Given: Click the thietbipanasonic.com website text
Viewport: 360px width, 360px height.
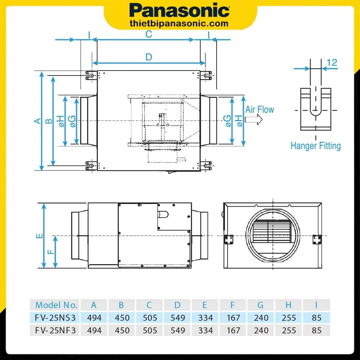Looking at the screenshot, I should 179,23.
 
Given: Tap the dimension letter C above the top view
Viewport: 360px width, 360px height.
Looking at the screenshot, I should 148,34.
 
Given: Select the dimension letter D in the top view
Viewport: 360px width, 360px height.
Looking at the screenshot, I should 149,57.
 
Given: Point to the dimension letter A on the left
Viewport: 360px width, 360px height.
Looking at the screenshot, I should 37,121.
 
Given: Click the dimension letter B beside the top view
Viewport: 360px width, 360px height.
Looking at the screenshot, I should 48,121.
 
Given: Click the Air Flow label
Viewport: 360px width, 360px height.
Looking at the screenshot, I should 259,109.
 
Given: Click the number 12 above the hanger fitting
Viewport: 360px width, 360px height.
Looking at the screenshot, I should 332,63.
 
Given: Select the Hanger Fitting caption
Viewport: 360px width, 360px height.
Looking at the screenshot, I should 316,146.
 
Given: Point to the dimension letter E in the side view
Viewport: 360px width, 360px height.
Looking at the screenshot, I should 39,236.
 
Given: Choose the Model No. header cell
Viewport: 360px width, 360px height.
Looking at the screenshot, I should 56,305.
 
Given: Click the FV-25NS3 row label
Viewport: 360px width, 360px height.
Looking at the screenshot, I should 55,317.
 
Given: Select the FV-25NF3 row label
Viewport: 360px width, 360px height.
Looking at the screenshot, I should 55,330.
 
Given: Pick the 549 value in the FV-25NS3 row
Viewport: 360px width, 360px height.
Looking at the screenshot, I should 178,317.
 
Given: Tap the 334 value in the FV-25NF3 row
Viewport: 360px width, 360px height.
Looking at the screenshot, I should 205,330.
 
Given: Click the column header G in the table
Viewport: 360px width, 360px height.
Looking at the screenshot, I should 260,305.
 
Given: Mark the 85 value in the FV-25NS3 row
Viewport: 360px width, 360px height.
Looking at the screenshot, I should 316,317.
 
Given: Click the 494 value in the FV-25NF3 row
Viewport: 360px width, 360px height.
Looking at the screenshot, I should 94,330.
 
